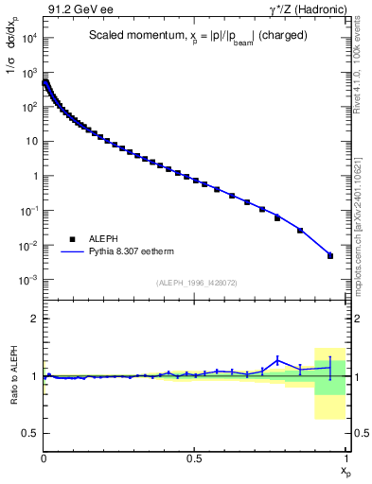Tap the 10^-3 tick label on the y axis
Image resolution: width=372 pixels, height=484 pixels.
(x=27, y=281)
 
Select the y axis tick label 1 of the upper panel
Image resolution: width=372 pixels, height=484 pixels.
(x=33, y=177)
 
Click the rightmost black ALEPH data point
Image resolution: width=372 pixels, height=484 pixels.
(x=330, y=255)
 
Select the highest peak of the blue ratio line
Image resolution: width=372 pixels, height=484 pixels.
(x=277, y=358)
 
